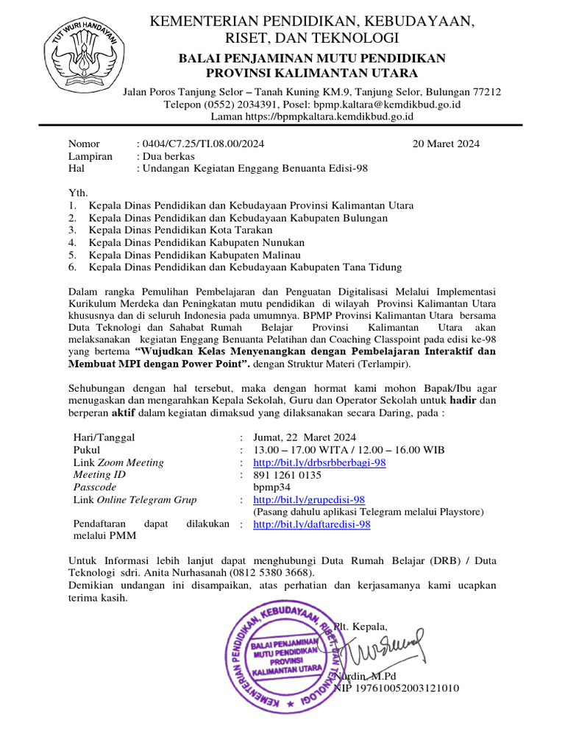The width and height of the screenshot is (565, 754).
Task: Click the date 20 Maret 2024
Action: pyautogui.click(x=447, y=144)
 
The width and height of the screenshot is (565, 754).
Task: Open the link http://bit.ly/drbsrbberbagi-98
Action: pyautogui.click(x=319, y=462)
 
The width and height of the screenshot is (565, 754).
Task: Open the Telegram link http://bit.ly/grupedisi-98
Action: pyautogui.click(x=309, y=500)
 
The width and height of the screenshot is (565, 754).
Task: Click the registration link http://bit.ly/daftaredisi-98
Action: pyautogui.click(x=311, y=524)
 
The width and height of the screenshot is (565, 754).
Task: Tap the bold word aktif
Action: pyautogui.click(x=118, y=413)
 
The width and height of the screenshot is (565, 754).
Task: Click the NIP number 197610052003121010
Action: pyautogui.click(x=397, y=688)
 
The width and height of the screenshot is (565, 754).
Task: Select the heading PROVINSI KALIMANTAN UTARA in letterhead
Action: pyautogui.click(x=311, y=72)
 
